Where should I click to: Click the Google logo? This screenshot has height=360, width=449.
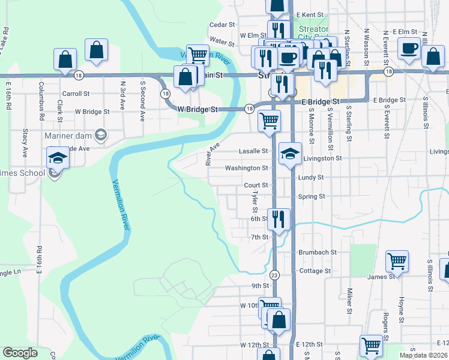tap(21, 353)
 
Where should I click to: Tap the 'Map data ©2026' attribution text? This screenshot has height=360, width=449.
tap(424, 355)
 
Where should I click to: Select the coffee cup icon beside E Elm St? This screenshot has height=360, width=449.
tap(408, 49)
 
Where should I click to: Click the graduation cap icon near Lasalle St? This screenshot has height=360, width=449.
tap(290, 154)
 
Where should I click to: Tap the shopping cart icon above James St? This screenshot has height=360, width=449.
tap(397, 262)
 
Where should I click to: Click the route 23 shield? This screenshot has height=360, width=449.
tap(274, 275)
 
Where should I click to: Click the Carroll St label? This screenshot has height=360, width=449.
tap(76, 94)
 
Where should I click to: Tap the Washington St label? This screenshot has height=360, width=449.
tap(246, 168)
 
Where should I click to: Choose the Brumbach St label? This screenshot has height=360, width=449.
tap(316, 253)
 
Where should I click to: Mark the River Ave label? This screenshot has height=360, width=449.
tap(209, 154)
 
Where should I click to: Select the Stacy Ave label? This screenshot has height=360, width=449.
tap(25, 142)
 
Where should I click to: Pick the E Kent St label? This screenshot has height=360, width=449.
tap(309, 13)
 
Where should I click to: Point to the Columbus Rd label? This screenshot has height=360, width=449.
tap(42, 98)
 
